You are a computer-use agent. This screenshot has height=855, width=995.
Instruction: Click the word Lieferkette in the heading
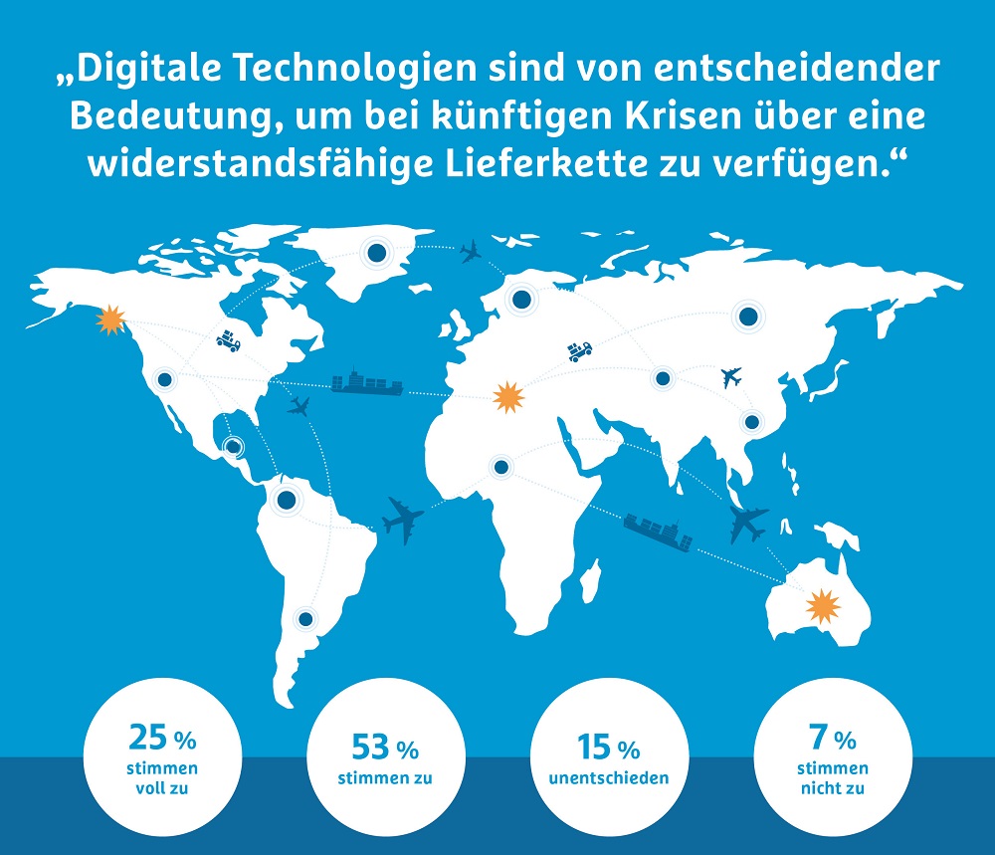point(545,164)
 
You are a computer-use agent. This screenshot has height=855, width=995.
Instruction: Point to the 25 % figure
point(162,738)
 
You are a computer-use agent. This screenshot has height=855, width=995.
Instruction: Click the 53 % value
point(385,748)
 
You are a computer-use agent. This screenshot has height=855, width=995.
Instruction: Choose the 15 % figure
point(609,748)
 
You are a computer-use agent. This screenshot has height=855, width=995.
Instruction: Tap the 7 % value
point(833,738)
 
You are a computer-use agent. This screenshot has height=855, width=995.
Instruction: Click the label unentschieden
point(609,778)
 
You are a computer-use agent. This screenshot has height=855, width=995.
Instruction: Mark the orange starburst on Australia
point(823,606)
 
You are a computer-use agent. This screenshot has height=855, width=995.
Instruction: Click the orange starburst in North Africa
point(508,397)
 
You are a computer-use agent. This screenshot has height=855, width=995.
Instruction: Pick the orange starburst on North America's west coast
point(111,320)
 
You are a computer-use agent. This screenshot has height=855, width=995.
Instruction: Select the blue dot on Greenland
point(376,253)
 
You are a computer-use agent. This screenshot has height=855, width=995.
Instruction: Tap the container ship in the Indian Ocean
point(658,532)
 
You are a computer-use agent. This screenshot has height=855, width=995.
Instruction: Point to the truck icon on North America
point(229,340)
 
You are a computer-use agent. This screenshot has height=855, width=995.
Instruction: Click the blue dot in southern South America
point(305,618)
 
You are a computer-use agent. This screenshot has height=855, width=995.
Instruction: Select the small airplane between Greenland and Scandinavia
point(471,252)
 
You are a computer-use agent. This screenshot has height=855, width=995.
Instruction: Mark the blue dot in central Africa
point(501,467)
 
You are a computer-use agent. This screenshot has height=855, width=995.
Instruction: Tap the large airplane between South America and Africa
point(403,521)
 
